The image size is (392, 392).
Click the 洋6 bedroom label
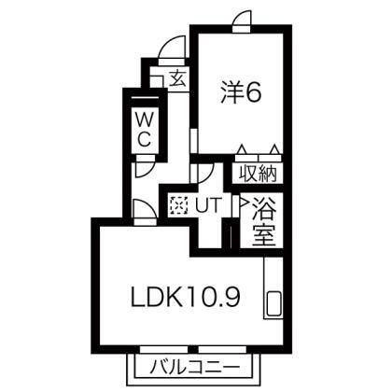tap(241, 92)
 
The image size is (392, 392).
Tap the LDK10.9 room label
tap(186, 297)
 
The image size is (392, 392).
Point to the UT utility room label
tap(208, 204)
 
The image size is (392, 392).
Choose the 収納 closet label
tap(258, 175)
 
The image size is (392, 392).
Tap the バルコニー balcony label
tap(195, 368)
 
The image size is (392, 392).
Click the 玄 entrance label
tap(178, 78)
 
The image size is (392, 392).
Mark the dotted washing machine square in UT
tap(178, 205)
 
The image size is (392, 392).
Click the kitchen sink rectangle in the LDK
tap(274, 303)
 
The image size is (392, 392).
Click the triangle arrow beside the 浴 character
tap(243, 203)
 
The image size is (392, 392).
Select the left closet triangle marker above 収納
tap(242, 149)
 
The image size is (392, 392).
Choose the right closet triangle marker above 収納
tap(274, 149)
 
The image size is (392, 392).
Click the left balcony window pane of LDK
tap(164, 349)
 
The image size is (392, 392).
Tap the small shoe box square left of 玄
tap(157, 81)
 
